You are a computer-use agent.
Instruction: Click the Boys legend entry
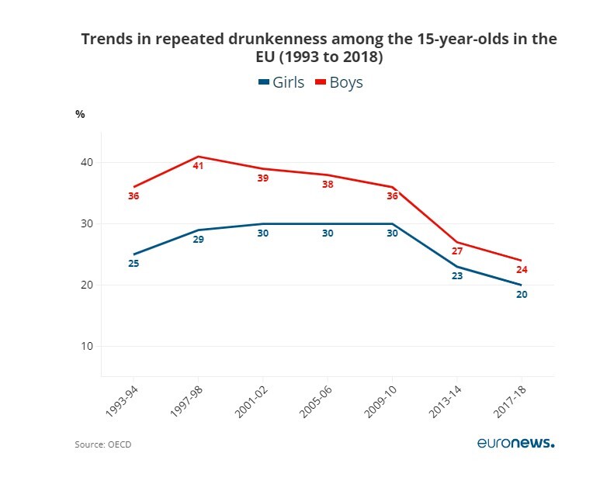click(x=339, y=82)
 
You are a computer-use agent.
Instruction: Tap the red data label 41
click(x=198, y=166)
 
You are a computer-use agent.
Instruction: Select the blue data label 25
click(x=134, y=265)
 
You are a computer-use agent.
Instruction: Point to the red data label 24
click(x=522, y=270)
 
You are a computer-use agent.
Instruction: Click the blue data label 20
click(x=522, y=295)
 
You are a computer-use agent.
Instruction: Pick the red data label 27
click(x=457, y=252)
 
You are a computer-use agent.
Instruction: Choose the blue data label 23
click(x=457, y=276)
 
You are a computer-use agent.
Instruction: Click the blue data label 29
click(x=198, y=240)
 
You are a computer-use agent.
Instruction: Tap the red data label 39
click(x=262, y=178)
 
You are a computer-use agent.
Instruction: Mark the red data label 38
click(x=328, y=185)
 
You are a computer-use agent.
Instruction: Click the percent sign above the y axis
click(x=80, y=114)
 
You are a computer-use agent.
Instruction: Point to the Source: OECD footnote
click(x=98, y=445)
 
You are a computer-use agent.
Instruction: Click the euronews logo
click(x=515, y=444)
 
